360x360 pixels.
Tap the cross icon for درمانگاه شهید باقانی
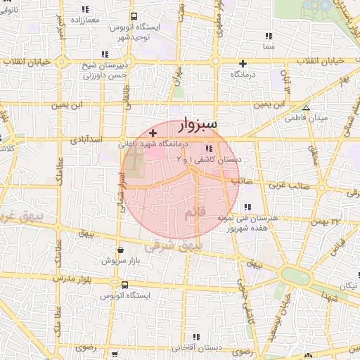click(153, 133)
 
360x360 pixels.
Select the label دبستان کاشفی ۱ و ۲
click(208, 160)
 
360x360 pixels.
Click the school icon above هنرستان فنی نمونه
click(247, 207)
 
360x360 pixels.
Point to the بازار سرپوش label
click(116, 260)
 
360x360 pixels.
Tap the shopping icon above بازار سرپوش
click(121, 249)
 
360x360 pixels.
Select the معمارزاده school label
click(84, 20)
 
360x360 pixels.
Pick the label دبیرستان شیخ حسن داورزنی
click(104, 69)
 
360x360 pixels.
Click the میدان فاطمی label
click(306, 118)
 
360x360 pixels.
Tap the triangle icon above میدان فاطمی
click(306, 108)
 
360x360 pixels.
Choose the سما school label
click(268, 45)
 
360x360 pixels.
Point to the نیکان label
click(347, 286)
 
